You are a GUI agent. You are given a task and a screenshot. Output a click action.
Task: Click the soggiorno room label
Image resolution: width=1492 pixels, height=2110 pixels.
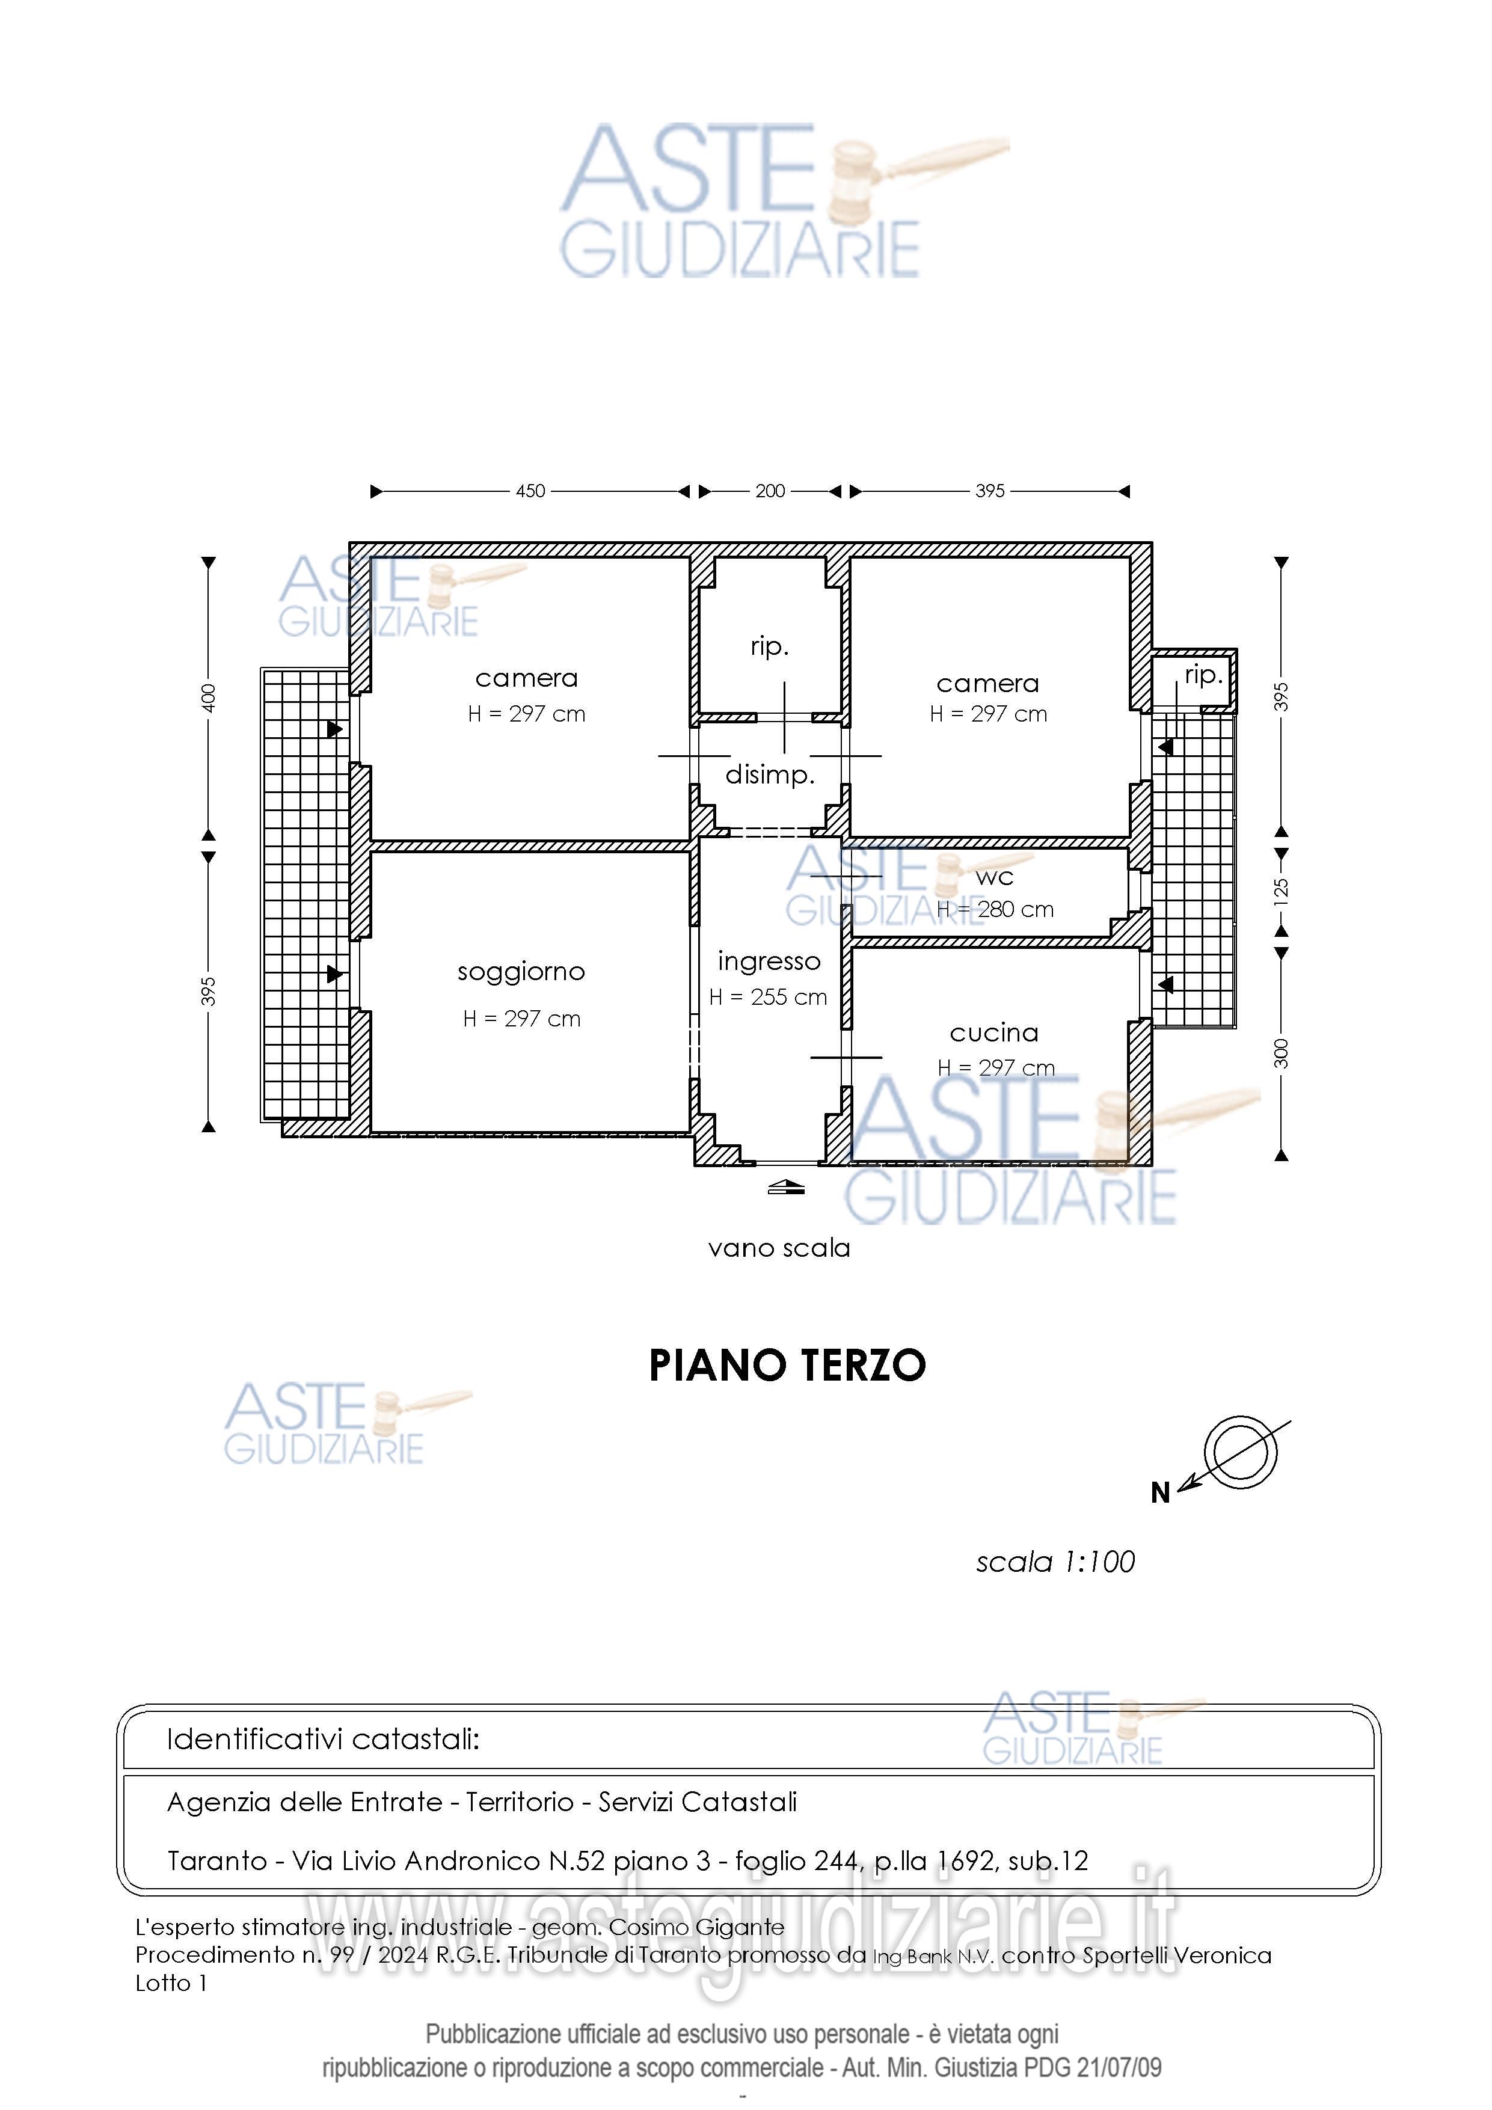pos(521,972)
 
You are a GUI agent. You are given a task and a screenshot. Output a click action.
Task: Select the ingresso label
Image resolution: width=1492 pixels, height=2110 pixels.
pos(769,962)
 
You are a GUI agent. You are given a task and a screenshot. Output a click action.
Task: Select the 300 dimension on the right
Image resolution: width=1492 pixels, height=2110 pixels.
pos(1280,1053)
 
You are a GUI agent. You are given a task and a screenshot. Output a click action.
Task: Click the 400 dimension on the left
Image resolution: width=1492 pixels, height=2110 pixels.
pos(209,698)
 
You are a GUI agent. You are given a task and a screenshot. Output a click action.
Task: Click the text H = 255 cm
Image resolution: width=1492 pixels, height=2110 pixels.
pos(769,997)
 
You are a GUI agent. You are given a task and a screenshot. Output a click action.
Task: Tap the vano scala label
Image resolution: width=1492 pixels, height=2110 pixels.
pos(779,1248)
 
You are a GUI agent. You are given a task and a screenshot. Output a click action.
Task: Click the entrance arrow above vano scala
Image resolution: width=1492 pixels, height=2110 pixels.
pos(786,1188)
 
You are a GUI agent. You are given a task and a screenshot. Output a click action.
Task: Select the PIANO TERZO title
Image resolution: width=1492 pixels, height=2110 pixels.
pos(787,1366)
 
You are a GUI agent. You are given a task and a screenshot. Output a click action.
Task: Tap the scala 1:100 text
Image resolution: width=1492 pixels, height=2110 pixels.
pos(1055,1562)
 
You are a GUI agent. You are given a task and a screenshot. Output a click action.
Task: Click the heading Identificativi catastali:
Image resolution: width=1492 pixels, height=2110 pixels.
pos(323,1739)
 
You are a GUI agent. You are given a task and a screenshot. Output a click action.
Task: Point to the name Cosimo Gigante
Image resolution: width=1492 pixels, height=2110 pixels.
pos(697,1927)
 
